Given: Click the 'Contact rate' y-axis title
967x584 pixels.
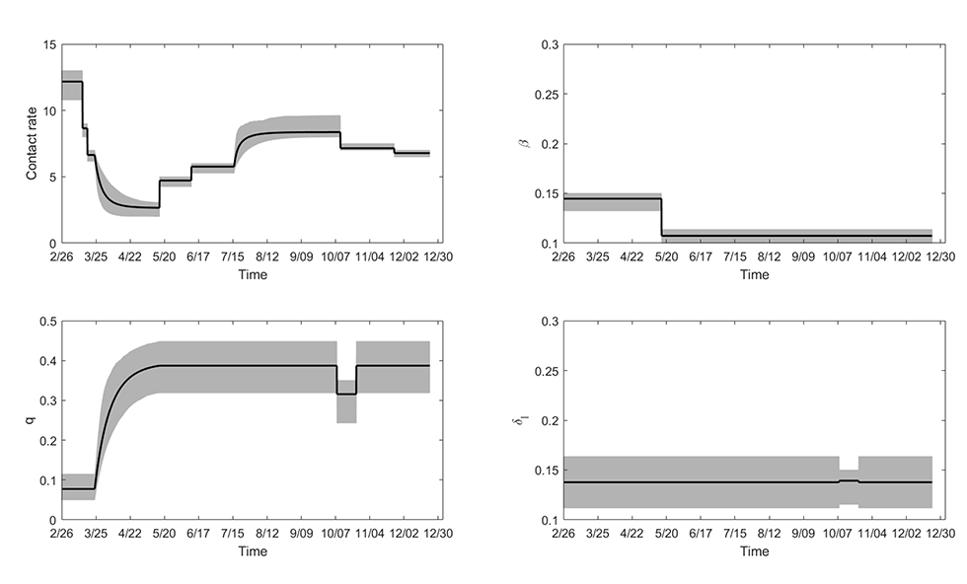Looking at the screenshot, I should [x=32, y=142].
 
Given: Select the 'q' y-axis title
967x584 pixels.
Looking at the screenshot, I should [x=30, y=420].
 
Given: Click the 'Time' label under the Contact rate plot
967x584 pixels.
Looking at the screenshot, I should [x=252, y=275].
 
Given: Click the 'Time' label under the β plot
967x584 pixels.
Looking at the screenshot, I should [x=754, y=275].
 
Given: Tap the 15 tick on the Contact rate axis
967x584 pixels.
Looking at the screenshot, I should [x=48, y=45].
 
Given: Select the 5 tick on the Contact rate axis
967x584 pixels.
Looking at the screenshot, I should [x=51, y=178].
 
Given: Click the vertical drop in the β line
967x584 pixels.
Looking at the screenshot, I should [x=661, y=217].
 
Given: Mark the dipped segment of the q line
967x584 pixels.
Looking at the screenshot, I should [x=346, y=394].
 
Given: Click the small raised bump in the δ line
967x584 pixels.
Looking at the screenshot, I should [x=849, y=480].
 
